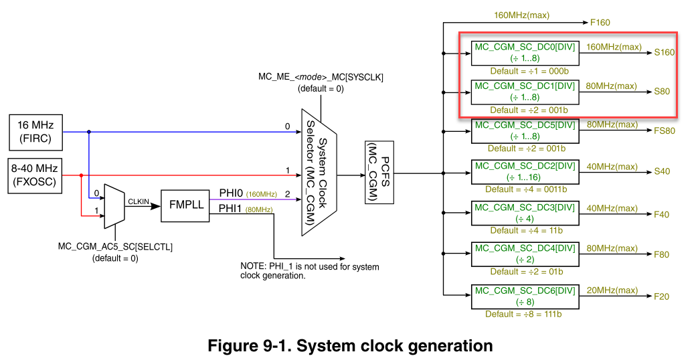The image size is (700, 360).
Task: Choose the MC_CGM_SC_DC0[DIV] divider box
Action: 524,53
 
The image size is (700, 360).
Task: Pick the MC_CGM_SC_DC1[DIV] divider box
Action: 524,92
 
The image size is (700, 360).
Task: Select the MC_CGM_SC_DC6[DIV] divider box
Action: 524,296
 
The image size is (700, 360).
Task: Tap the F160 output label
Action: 600,22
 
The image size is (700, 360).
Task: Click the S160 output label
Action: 664,52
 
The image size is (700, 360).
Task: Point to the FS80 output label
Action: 664,130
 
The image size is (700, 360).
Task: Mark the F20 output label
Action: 661,296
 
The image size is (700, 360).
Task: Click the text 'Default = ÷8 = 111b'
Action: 525,313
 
